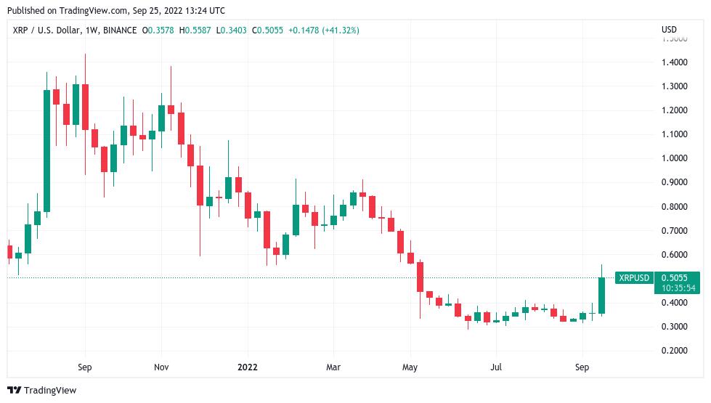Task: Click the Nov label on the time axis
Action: click(x=161, y=367)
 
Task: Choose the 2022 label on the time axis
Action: click(x=248, y=367)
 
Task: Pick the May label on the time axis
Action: click(x=411, y=367)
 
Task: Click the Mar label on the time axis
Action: click(x=333, y=367)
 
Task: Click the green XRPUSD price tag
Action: click(x=633, y=278)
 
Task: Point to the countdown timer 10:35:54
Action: click(x=678, y=288)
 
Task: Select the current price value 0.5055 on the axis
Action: click(x=675, y=277)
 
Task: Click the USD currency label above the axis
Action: click(x=669, y=30)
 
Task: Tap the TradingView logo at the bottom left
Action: click(x=42, y=390)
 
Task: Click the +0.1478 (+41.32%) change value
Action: click(x=323, y=30)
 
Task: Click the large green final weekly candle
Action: click(x=601, y=296)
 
